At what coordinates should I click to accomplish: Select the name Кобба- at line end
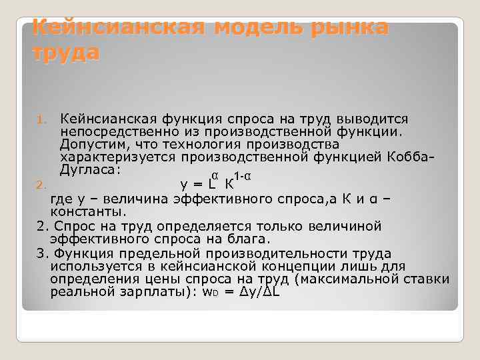point(414,157)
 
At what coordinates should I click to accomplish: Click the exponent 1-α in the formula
point(242,177)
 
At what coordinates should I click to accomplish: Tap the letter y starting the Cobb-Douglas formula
point(184,185)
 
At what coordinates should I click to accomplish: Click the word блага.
point(251,239)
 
